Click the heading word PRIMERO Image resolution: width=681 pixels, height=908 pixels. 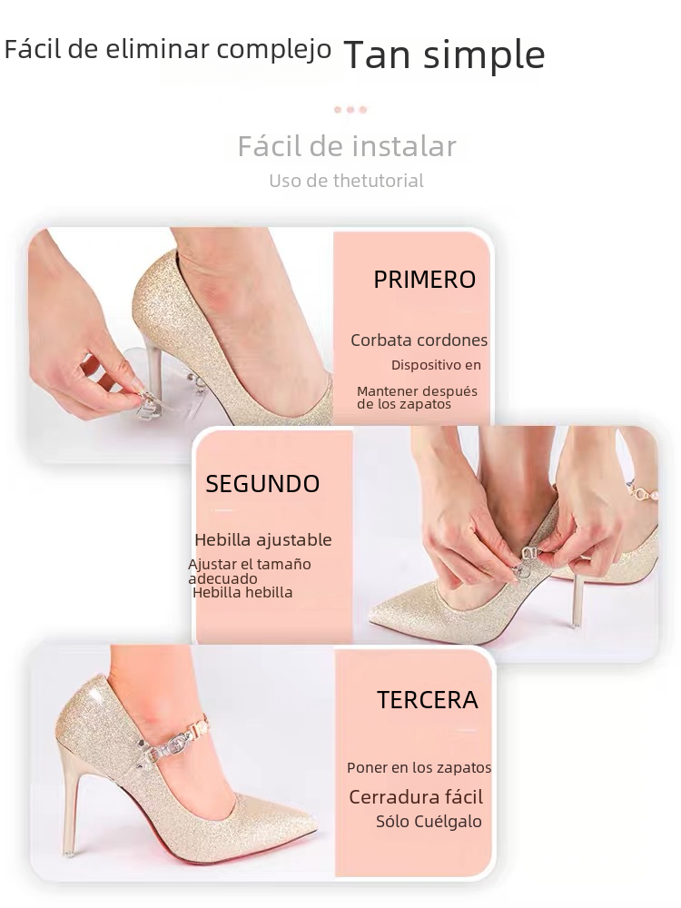[424, 280]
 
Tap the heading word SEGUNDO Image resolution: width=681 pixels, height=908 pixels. [262, 484]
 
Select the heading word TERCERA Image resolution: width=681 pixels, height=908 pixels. [427, 700]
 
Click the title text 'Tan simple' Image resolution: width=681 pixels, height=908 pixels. [444, 55]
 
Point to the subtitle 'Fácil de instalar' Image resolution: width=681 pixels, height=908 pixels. [347, 146]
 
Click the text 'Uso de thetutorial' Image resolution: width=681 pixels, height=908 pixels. [346, 181]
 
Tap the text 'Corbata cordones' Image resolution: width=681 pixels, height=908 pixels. [419, 340]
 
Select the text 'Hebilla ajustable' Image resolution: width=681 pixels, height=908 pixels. [262, 540]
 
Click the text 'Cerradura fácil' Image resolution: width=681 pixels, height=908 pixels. [416, 797]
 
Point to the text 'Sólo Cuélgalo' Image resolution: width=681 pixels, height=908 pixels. [429, 822]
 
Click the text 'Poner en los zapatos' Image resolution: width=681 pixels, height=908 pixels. [419, 768]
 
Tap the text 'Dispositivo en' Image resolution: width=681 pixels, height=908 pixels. [436, 365]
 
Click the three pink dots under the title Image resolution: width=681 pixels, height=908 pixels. [350, 110]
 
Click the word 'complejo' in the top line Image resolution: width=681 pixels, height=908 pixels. [284, 50]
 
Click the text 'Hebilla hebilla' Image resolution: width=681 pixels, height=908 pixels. [242, 593]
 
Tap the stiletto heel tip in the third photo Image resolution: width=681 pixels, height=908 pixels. [67, 853]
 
